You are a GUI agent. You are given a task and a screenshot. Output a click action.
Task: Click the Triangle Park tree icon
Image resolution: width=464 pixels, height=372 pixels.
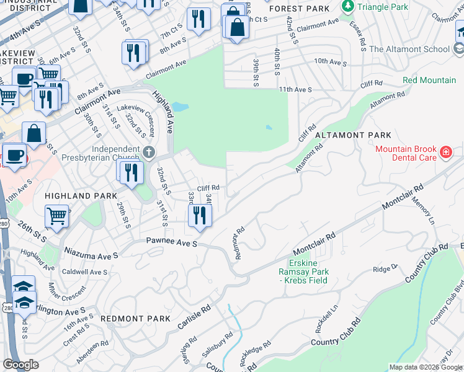pyautogui.click(x=348, y=7)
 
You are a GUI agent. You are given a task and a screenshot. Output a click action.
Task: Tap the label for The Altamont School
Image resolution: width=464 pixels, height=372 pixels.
pyautogui.click(x=409, y=49)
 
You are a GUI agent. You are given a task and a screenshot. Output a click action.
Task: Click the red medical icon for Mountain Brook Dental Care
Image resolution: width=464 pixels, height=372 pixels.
pyautogui.click(x=445, y=153)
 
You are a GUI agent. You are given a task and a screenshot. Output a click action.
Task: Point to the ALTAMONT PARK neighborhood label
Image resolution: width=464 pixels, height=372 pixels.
pyautogui.click(x=353, y=135)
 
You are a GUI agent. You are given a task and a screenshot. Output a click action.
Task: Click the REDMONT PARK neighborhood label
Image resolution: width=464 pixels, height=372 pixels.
pyautogui.click(x=135, y=319)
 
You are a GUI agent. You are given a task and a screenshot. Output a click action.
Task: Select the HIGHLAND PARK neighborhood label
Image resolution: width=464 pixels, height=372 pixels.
pyautogui.click(x=81, y=196)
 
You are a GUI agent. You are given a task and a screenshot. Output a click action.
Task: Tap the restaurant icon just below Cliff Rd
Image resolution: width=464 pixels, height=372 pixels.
pyautogui.click(x=200, y=216)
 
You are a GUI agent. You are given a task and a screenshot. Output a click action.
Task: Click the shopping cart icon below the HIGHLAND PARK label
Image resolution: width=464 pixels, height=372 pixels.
pyautogui.click(x=56, y=217)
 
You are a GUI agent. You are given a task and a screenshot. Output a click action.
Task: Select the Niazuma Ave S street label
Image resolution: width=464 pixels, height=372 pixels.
pyautogui.click(x=91, y=255)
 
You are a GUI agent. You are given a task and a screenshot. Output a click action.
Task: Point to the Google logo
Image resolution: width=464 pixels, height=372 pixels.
pyautogui.click(x=20, y=365)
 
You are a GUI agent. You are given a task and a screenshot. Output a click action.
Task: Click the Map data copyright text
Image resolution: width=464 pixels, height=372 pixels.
pyautogui.click(x=425, y=367)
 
